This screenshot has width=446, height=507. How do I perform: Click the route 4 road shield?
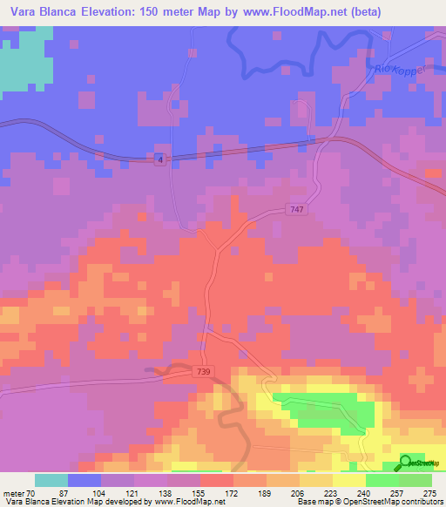click(x=161, y=159)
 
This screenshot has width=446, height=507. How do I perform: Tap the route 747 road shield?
click(x=296, y=210)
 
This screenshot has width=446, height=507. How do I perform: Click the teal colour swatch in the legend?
click(x=51, y=480)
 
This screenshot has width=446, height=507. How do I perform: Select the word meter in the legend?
click(x=12, y=493)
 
